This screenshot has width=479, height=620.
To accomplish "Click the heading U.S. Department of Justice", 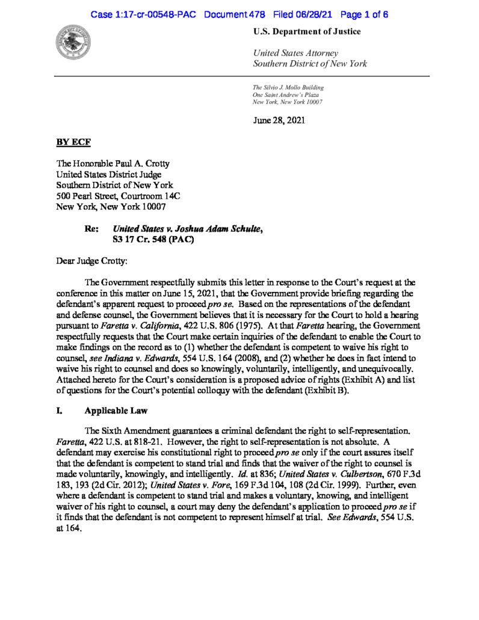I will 307,31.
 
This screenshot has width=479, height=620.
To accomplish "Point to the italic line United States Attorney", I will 296,54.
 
